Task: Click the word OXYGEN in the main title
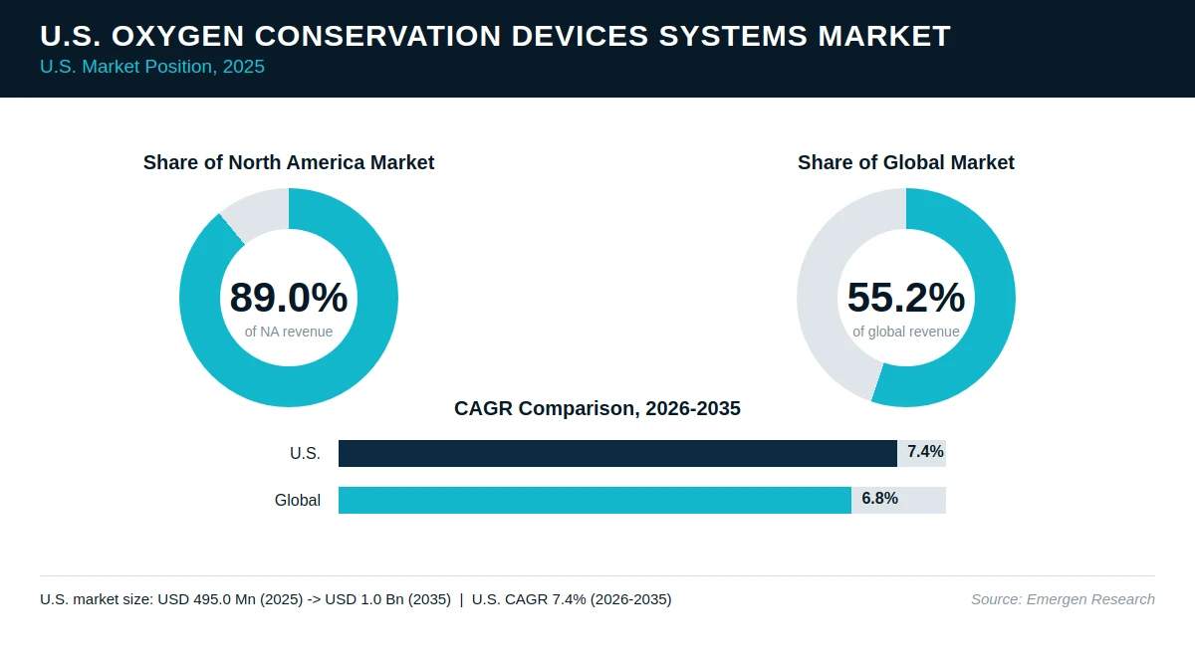click(x=177, y=36)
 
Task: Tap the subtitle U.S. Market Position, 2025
click(x=152, y=67)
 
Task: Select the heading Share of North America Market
click(x=289, y=162)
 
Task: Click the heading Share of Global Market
click(x=906, y=162)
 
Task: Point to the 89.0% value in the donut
click(x=289, y=297)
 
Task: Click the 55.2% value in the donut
click(x=906, y=297)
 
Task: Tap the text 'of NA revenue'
click(x=289, y=332)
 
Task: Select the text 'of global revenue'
click(x=906, y=332)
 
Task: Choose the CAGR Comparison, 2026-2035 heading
click(x=597, y=408)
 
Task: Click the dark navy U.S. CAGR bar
click(x=617, y=453)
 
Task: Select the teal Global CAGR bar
click(x=595, y=500)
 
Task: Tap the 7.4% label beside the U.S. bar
click(x=925, y=452)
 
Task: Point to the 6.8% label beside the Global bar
click(x=879, y=498)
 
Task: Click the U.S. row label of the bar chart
click(x=305, y=453)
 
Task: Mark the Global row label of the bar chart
click(x=297, y=500)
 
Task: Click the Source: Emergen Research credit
click(x=1063, y=599)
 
